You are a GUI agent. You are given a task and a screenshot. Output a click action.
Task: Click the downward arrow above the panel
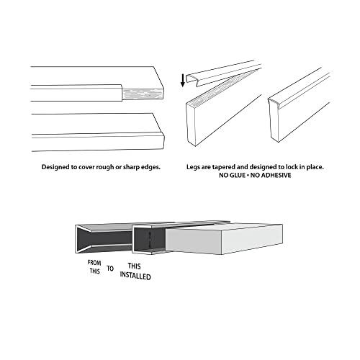point(183,78)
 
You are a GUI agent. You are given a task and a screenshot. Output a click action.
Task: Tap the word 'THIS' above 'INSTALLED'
point(134,266)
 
